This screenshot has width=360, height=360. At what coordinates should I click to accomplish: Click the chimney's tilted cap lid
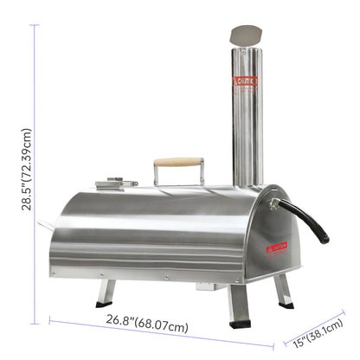pyautogui.click(x=246, y=35)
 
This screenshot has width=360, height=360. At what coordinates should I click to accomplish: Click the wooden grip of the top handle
pyautogui.click(x=178, y=161)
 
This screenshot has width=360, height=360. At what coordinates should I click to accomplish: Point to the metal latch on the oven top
pyautogui.click(x=118, y=183)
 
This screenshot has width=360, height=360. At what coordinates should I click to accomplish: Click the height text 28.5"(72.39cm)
pyautogui.click(x=27, y=170)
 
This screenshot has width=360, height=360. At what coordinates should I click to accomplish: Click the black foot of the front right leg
pyautogui.click(x=241, y=324)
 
